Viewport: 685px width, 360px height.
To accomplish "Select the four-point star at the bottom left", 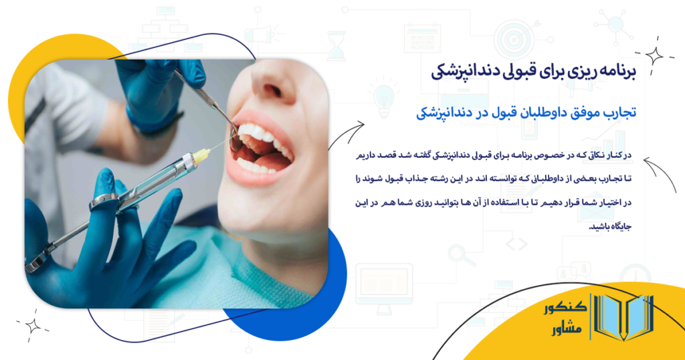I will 32,326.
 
